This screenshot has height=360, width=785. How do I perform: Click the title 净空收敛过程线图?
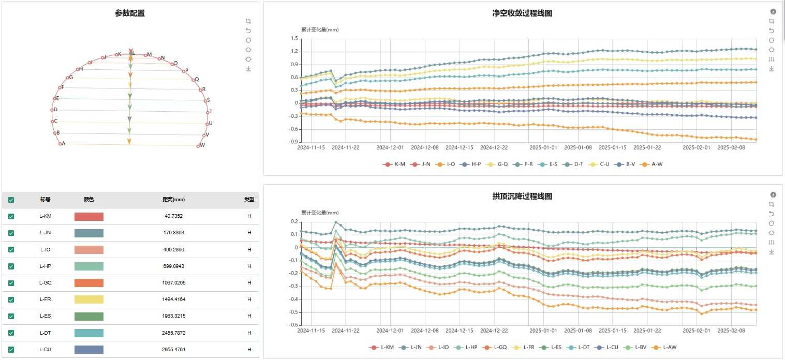(522, 13)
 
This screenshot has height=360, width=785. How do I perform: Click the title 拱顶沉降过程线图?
(522, 197)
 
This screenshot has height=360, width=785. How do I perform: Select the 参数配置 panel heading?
(130, 13)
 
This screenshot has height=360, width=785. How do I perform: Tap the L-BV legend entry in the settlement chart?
(626, 348)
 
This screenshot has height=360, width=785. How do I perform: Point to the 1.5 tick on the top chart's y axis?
(294, 39)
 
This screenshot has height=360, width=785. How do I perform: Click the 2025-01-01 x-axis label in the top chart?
(543, 147)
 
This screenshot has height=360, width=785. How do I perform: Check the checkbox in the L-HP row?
(11, 266)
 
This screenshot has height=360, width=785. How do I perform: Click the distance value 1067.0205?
(173, 283)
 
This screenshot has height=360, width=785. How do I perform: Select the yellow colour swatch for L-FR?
(89, 299)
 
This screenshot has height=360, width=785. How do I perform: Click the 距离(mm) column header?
(173, 200)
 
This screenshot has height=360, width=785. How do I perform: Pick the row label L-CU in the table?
(46, 349)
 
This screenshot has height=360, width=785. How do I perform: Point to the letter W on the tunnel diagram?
(202, 145)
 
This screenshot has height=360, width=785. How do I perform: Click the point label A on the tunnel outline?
(63, 144)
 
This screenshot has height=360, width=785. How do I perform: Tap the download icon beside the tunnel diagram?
(248, 69)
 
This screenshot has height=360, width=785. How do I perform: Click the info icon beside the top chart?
(773, 11)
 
